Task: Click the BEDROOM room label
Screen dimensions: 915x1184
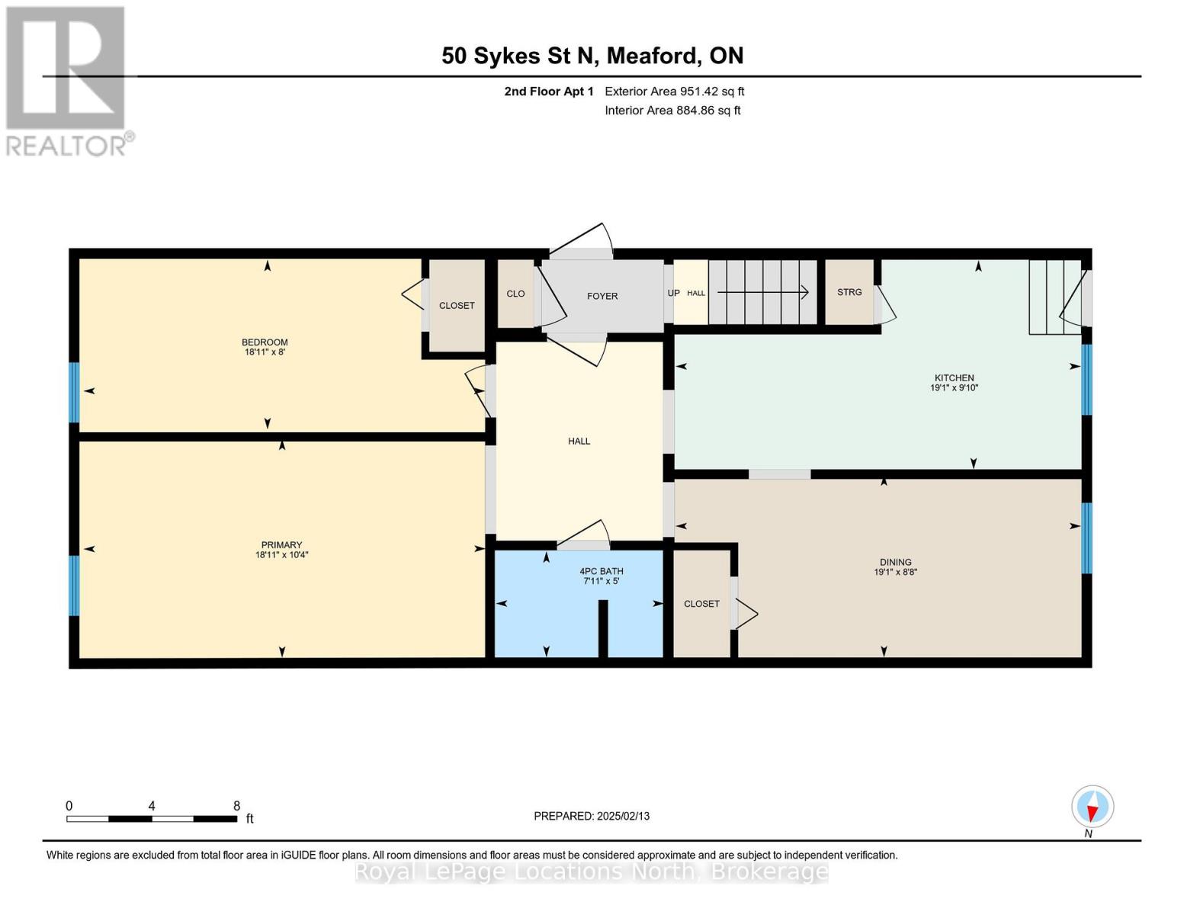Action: (x=265, y=342)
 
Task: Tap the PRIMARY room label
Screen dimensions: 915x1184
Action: (x=281, y=544)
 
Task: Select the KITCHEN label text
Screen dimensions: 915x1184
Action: (x=955, y=377)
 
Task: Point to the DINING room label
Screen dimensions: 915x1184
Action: (x=895, y=562)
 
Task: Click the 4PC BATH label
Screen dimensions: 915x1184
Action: (x=602, y=571)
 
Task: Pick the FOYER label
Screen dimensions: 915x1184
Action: (x=602, y=296)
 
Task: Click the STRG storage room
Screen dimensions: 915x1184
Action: (x=849, y=293)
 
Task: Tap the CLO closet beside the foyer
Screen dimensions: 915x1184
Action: (x=515, y=294)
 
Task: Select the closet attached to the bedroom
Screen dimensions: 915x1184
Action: (x=457, y=306)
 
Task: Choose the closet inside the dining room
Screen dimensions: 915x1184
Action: (x=701, y=604)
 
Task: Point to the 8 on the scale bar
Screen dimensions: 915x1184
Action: (x=236, y=806)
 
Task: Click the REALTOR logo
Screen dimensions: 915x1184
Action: (x=67, y=80)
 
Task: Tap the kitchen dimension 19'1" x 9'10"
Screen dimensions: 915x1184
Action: (x=954, y=388)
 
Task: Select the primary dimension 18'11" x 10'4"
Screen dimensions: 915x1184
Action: (x=281, y=555)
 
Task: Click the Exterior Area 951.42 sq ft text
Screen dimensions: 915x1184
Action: (x=674, y=91)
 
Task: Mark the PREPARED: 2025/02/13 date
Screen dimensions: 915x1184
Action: (x=592, y=816)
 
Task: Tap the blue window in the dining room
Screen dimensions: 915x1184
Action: (x=1086, y=538)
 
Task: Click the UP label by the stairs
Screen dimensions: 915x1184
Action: (x=673, y=293)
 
